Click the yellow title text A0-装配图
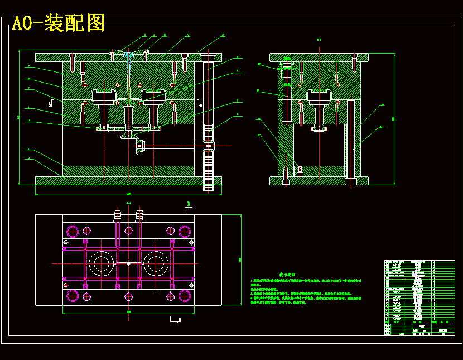(x=59, y=23)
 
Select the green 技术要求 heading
(x=287, y=275)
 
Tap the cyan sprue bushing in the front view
(x=129, y=56)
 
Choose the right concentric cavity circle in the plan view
(x=156, y=263)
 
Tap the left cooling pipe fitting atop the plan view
(x=118, y=215)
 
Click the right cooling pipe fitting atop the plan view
(x=139, y=215)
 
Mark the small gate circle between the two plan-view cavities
(x=129, y=263)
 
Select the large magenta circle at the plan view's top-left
(x=72, y=231)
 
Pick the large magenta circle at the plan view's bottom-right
(x=185, y=296)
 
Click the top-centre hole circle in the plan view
(x=129, y=231)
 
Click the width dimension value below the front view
(x=128, y=194)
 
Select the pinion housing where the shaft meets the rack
(x=209, y=146)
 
